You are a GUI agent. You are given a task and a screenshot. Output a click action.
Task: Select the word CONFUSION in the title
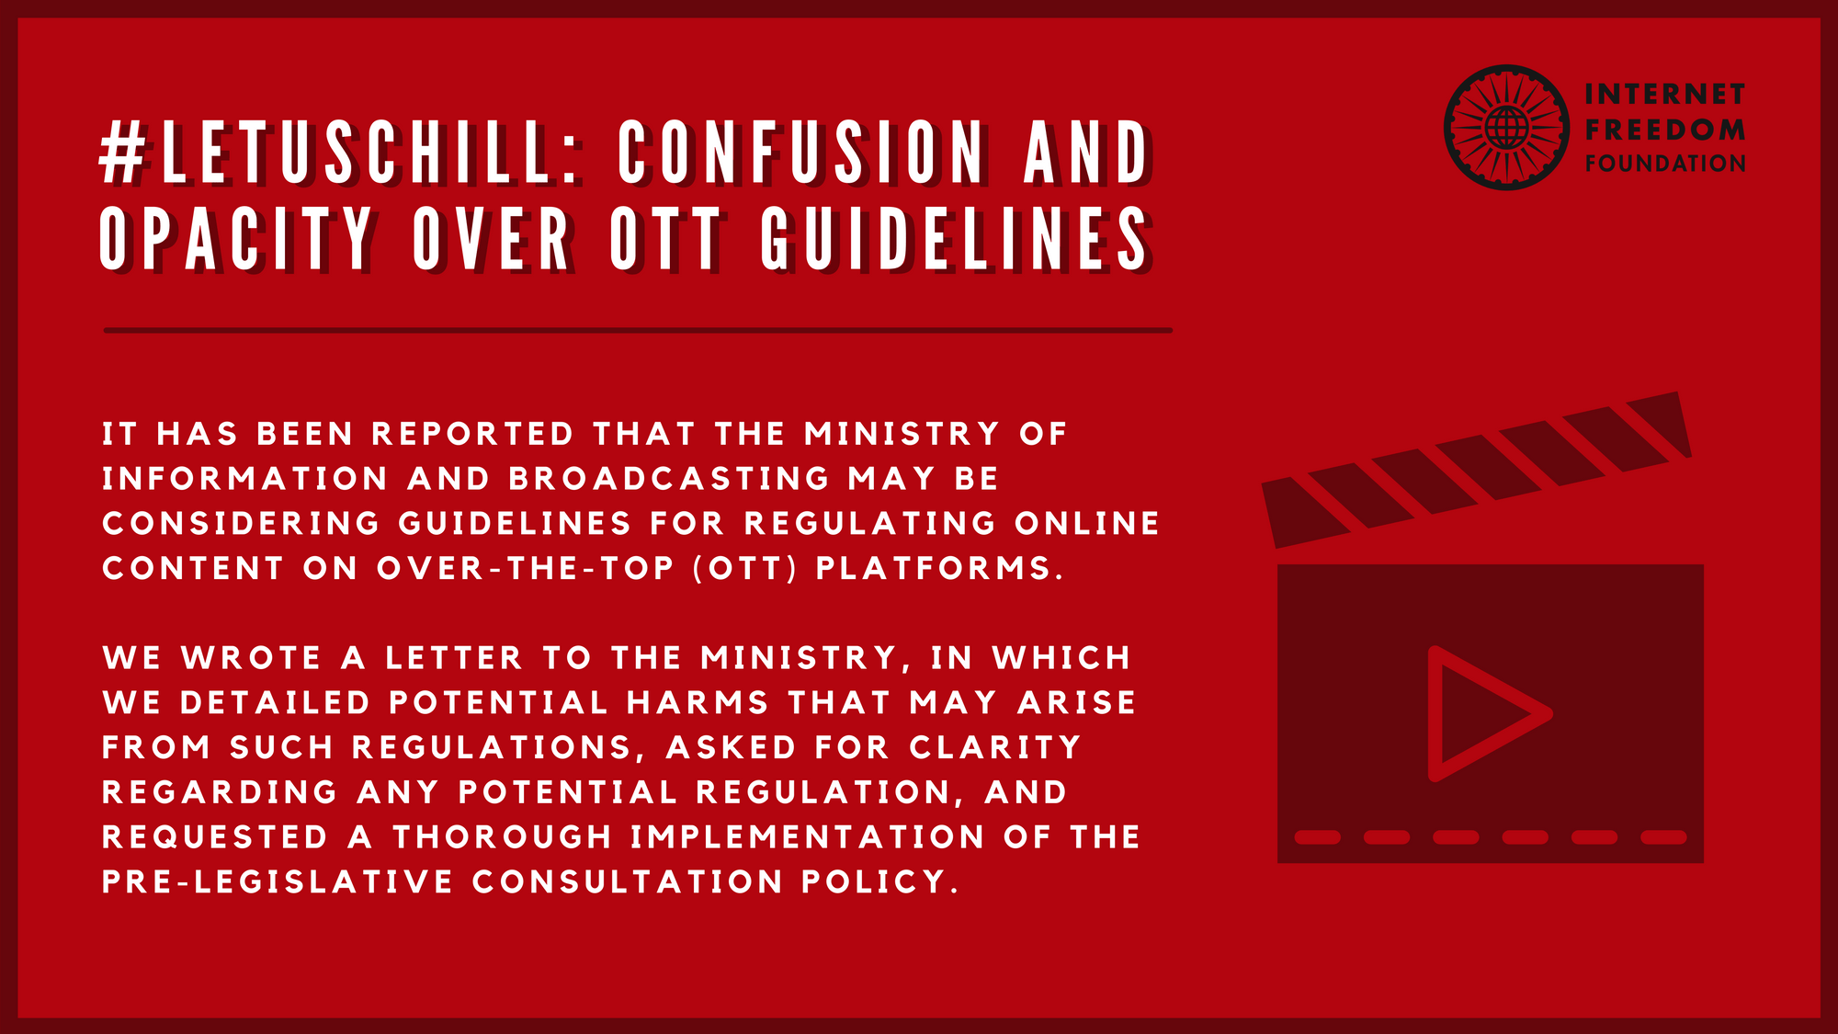pos(803,152)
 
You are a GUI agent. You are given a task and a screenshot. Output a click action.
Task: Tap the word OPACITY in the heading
pos(236,239)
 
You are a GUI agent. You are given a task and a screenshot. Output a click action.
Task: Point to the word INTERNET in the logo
pos(1664,95)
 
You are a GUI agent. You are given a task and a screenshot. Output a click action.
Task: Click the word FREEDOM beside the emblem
pos(1664,130)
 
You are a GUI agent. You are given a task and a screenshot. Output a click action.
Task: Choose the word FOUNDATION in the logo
pos(1664,164)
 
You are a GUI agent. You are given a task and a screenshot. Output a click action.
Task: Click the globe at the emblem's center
pos(1507,128)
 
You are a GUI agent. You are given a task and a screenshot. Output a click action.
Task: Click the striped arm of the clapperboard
pos(1477,470)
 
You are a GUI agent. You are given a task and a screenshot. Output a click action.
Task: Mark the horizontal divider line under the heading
pos(638,330)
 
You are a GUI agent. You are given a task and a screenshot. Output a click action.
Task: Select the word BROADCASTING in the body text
pos(669,479)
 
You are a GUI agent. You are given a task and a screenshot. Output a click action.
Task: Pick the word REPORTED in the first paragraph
pos(472,434)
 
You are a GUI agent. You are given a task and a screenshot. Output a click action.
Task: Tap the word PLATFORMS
pos(939,568)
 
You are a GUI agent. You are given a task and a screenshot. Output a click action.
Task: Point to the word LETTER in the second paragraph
pos(454,658)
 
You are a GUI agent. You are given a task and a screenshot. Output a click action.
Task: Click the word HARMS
pos(698,703)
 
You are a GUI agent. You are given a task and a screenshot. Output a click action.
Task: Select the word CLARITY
pos(995,747)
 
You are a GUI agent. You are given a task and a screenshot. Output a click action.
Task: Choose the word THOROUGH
pos(503,837)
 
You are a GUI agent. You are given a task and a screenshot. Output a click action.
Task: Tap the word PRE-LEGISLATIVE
pos(278,882)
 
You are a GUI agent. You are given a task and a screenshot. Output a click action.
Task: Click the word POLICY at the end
pos(879,882)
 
